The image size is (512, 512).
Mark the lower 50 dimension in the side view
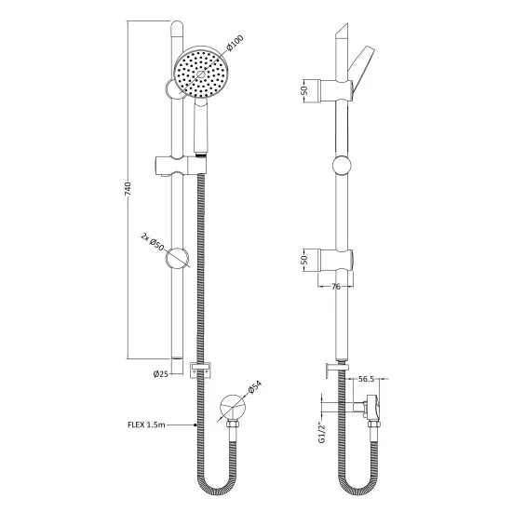click(x=304, y=260)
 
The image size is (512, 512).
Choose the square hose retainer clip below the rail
click(x=196, y=369)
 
